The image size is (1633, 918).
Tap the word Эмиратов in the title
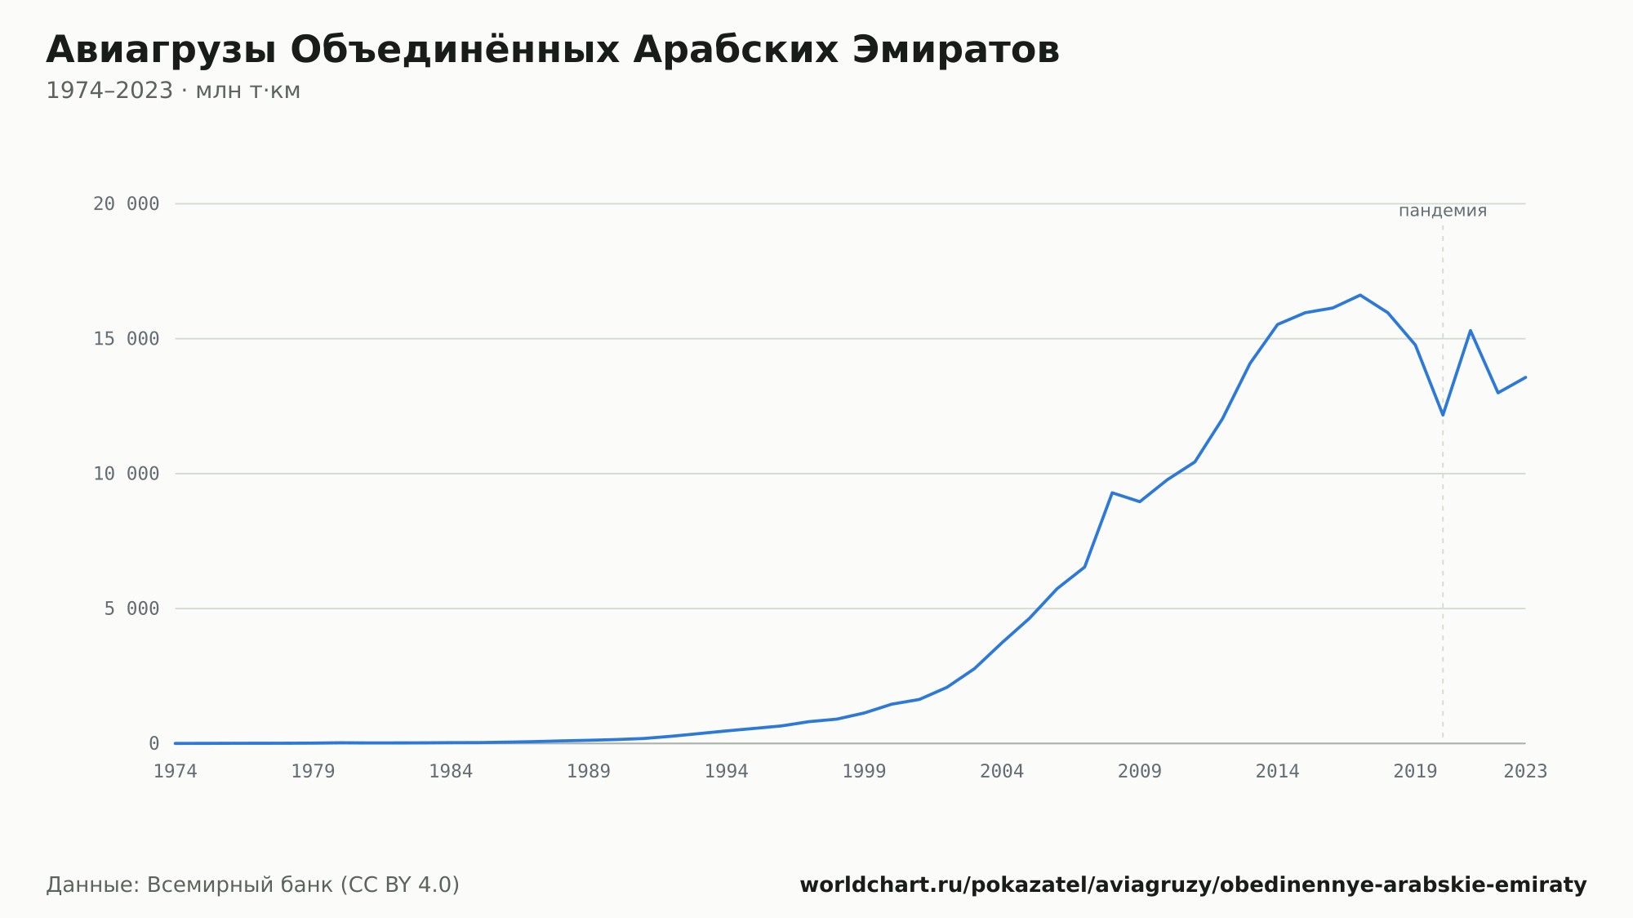point(955,50)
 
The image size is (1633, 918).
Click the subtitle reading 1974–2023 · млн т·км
point(173,91)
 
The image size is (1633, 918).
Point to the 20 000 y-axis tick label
point(126,204)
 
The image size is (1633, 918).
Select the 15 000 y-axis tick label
point(126,339)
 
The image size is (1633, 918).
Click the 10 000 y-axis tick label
point(126,474)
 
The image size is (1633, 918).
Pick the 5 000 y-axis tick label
point(131,608)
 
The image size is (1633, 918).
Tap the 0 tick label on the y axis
point(154,744)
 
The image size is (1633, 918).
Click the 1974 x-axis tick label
point(176,772)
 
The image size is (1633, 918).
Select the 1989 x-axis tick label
point(589,772)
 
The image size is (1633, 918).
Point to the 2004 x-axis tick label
point(1002,772)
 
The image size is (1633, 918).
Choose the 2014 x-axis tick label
point(1278,772)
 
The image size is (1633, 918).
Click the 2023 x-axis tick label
point(1525,772)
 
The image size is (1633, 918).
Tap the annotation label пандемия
point(1443,211)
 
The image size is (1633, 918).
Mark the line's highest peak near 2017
point(1360,295)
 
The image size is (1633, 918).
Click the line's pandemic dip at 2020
point(1443,415)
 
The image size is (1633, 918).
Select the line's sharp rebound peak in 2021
point(1471,330)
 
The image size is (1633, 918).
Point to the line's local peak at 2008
point(1112,492)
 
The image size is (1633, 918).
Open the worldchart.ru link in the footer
point(1193,885)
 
